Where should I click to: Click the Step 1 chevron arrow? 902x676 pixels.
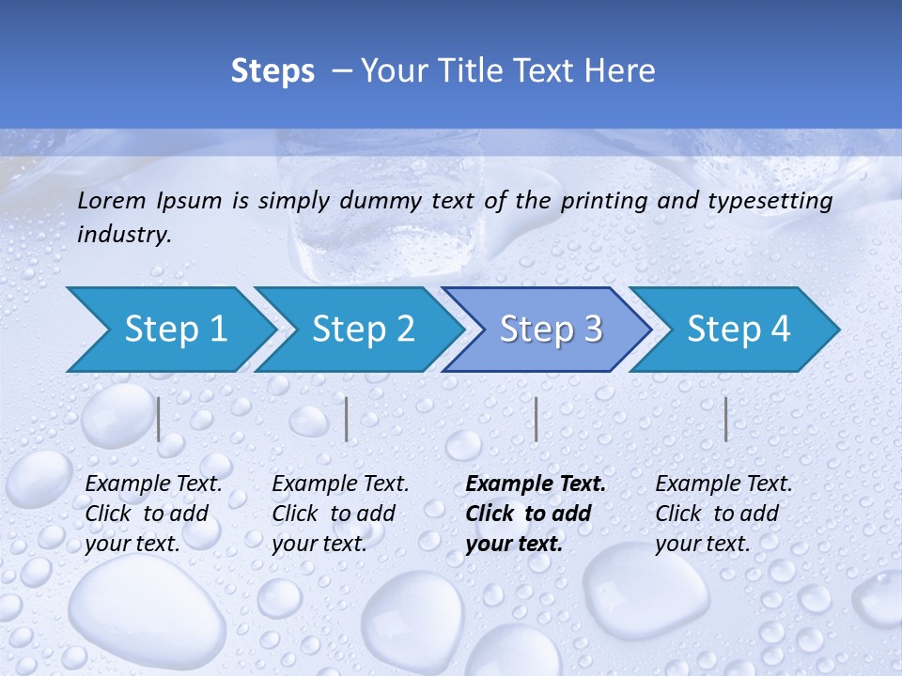169,330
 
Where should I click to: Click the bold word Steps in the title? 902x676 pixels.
272,71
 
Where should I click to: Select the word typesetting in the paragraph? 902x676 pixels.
776,201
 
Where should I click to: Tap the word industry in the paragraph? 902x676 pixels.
122,235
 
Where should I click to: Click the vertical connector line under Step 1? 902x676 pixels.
159,419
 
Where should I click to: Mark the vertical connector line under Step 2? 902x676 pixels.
347,419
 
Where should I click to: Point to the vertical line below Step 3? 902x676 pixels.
536,419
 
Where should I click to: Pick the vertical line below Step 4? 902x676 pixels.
725,419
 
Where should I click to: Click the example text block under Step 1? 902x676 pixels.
153,514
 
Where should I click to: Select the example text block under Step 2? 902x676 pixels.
340,514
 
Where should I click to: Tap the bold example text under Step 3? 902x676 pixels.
536,514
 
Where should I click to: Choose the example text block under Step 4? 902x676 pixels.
723,514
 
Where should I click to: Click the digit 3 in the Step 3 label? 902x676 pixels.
591,330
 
